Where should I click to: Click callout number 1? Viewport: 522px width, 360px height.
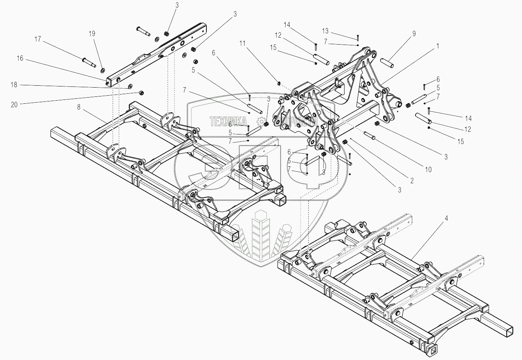pos(438,46)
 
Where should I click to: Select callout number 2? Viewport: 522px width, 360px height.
pos(412,180)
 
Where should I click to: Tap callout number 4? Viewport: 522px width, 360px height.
pos(446,218)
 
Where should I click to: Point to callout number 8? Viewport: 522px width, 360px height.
pos(79,107)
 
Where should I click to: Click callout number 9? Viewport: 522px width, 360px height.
pos(414,34)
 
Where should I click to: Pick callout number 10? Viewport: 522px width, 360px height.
pos(428,169)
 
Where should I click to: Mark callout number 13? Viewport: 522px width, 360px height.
pos(325,31)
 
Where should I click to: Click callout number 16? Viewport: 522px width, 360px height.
pos(20,58)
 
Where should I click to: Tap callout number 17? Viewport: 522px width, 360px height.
pos(38,39)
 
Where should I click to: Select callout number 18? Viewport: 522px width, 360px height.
pos(14,85)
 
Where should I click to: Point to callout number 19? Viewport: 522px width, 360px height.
pos(92,34)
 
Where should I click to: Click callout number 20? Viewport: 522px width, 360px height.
pos(14,104)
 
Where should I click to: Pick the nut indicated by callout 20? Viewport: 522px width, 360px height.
pos(141,93)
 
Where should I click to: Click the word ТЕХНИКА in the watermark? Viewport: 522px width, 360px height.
pos(228,122)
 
